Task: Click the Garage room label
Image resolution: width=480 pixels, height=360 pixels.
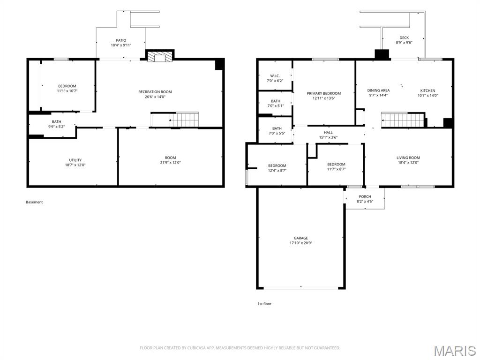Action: [300, 238]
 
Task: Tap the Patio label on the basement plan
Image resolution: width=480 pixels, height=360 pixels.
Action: [121, 40]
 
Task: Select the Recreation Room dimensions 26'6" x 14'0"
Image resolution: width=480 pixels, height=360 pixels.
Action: [155, 97]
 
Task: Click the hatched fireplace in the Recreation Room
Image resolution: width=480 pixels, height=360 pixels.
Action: [159, 57]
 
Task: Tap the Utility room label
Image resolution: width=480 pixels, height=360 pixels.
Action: [75, 160]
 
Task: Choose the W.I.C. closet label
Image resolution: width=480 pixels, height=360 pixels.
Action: [275, 76]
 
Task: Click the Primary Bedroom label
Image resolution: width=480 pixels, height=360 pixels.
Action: [323, 93]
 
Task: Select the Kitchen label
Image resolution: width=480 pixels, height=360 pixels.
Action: [427, 90]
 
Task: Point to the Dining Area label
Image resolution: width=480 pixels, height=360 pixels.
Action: [378, 90]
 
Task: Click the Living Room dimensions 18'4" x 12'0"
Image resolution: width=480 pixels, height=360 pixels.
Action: [408, 163]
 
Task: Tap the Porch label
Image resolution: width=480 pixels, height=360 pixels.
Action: [365, 196]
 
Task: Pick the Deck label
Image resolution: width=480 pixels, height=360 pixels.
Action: [404, 37]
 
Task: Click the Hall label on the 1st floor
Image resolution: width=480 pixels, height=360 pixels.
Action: [328, 133]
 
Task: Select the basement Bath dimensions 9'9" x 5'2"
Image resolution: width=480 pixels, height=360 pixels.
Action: [56, 127]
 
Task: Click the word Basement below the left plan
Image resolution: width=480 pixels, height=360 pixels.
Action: [34, 202]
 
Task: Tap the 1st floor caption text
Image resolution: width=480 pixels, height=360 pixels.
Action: [264, 304]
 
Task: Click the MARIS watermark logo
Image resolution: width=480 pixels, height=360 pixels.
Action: [455, 351]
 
